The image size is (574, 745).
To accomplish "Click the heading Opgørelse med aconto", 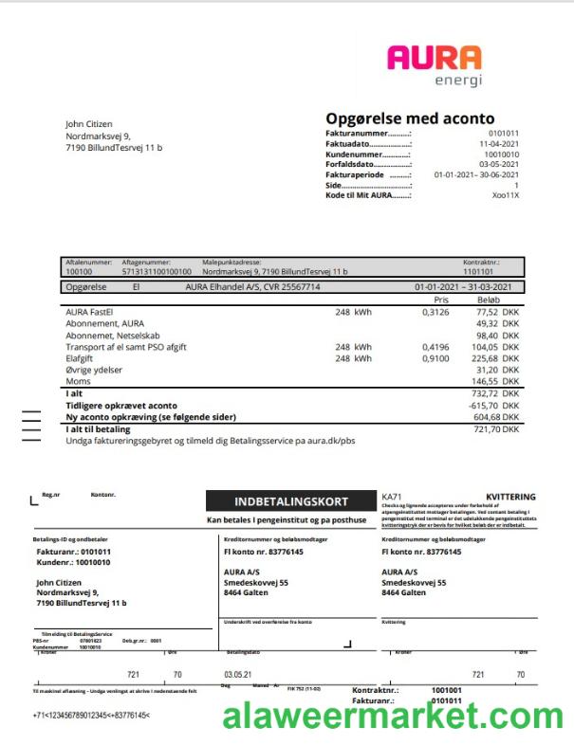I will tap(410, 118).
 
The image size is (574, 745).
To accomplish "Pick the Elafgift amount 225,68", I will tap(485, 358).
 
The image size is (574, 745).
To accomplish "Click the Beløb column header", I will tap(488, 299).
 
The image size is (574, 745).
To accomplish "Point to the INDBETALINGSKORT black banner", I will tap(291, 501).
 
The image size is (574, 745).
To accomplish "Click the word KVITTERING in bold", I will tap(510, 497).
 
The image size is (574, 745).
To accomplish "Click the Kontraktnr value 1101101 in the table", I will tap(478, 271).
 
